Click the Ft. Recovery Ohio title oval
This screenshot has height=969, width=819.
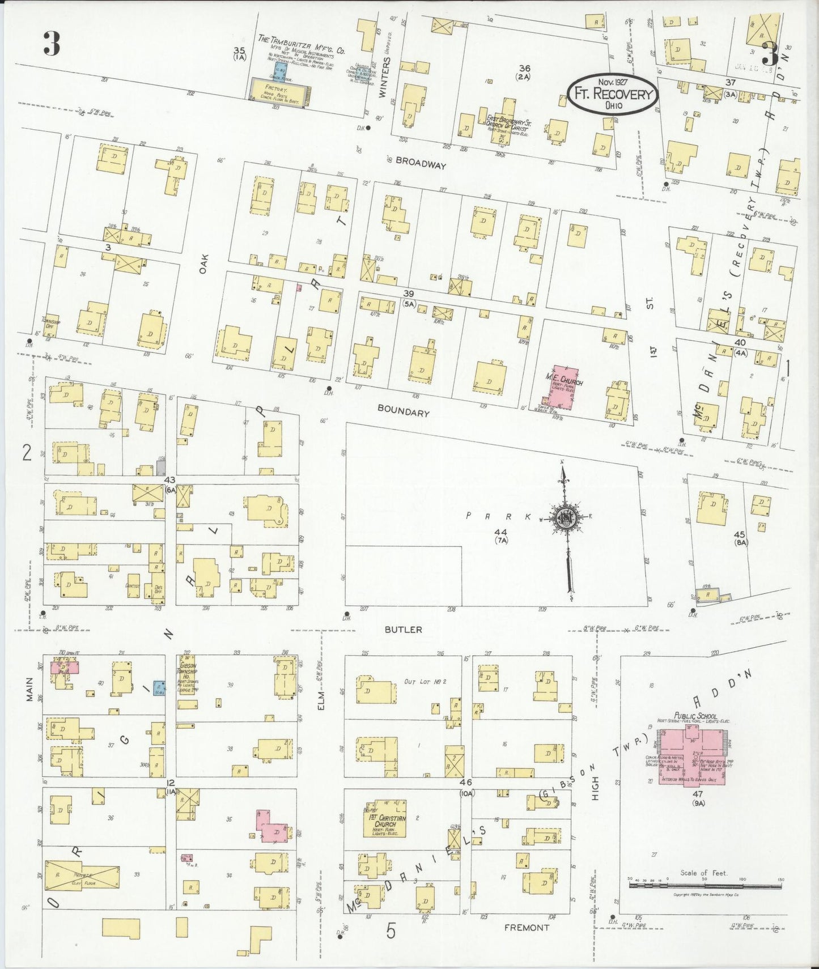click(x=614, y=94)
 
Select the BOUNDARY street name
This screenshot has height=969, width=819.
click(x=403, y=413)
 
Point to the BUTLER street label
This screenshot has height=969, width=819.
click(x=403, y=629)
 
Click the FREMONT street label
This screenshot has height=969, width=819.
click(x=527, y=928)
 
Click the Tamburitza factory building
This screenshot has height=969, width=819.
click(x=280, y=92)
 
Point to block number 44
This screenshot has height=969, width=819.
click(x=500, y=532)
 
